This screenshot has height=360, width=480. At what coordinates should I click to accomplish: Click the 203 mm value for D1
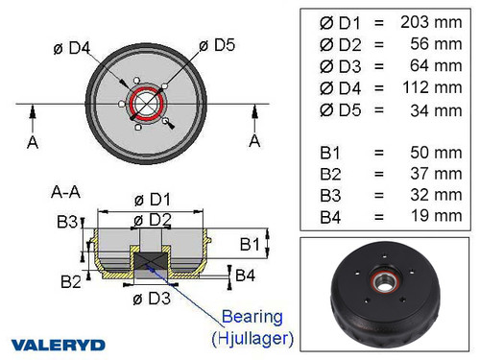430,21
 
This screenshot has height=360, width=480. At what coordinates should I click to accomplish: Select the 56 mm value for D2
434,43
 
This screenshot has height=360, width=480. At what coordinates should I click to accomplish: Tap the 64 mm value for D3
434,65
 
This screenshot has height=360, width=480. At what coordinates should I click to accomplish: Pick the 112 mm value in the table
430,87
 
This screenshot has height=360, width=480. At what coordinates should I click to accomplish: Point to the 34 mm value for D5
434,109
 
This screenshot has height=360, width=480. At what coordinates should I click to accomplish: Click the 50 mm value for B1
434,152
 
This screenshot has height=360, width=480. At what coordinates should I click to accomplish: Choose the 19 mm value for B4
434,216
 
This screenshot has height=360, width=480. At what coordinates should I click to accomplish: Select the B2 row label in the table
331,174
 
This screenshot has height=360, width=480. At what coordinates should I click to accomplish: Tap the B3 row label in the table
331,195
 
